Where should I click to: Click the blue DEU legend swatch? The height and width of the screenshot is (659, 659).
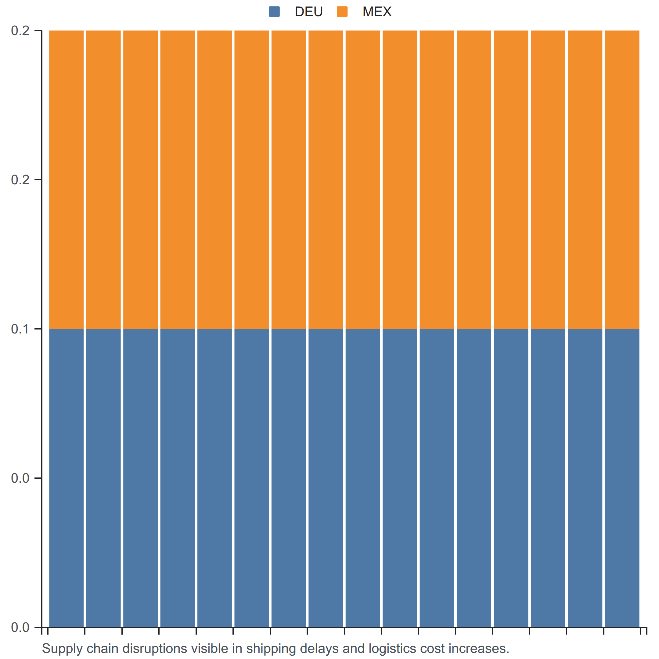[274, 12]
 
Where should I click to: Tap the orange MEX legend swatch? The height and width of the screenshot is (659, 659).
[342, 12]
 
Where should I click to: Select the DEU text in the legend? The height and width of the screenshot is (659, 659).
[309, 12]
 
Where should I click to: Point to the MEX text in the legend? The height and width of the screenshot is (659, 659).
[377, 12]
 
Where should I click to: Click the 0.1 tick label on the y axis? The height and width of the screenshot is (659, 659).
[20, 329]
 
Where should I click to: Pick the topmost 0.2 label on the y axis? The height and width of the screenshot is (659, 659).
[20, 31]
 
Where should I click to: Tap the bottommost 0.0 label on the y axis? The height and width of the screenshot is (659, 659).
[20, 627]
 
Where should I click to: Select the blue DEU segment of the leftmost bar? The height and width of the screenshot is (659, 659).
[67, 478]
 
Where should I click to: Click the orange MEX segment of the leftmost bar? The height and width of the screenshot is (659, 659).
[67, 180]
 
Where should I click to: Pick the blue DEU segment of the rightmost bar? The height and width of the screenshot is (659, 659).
[622, 478]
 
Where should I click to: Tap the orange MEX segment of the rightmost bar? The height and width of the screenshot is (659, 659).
[622, 180]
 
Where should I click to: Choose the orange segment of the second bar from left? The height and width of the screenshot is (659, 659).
[103, 180]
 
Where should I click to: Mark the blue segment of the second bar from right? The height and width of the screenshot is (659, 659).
[585, 478]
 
